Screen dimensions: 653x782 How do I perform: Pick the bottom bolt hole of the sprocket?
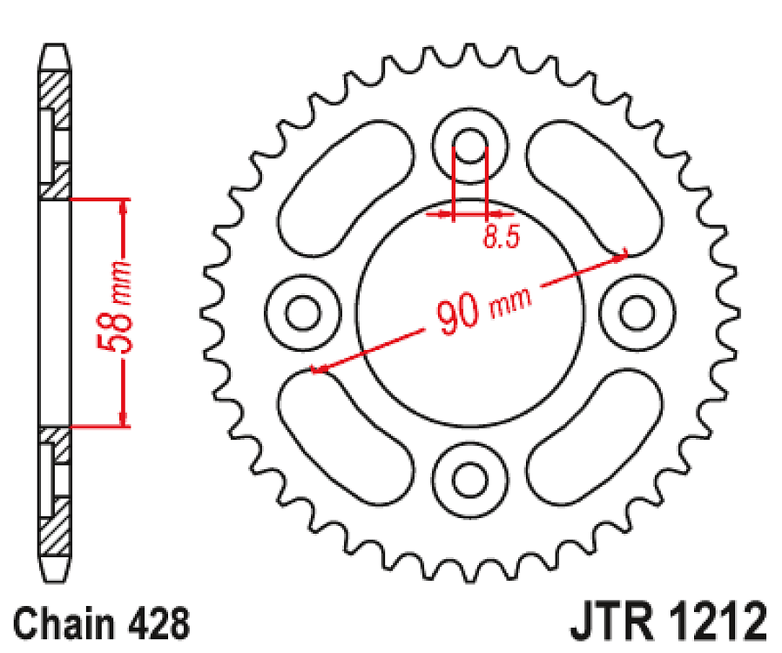click(470, 476)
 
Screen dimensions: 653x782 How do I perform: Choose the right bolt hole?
click(637, 312)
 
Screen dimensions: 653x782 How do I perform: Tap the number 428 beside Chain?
click(159, 624)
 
